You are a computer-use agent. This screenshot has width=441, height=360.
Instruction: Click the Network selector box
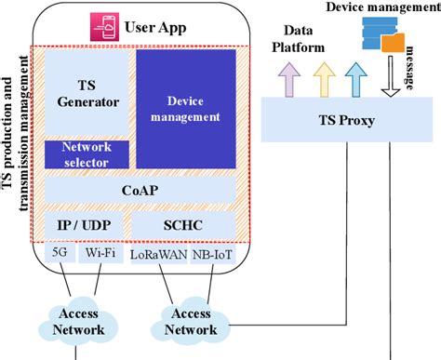tap(86, 154)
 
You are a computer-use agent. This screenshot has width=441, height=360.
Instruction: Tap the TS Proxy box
tap(348, 122)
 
